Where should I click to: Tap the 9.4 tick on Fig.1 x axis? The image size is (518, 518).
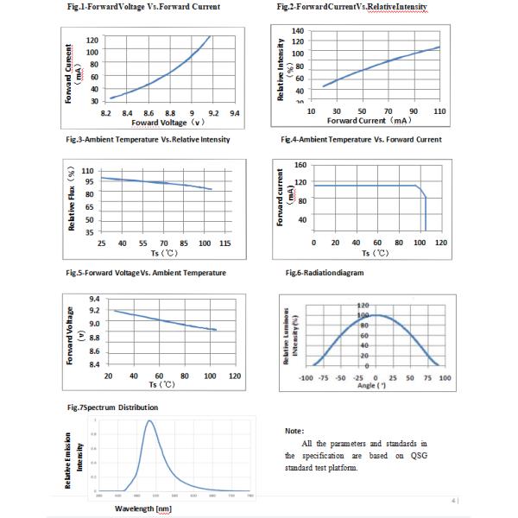point(234,113)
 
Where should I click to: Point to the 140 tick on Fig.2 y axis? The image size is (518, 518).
point(298,31)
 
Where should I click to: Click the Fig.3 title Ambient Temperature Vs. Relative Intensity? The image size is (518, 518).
point(148,139)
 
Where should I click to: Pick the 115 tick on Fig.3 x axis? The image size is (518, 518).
point(224,244)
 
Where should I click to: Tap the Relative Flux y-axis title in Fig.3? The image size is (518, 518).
point(73,198)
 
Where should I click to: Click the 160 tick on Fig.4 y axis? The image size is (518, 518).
point(300,165)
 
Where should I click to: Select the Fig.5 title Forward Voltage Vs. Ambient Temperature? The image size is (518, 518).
point(146,273)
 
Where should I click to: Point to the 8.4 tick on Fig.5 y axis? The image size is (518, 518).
point(93,364)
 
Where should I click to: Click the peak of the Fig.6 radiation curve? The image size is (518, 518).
point(376,315)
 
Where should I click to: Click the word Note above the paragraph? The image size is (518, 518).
point(294,429)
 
